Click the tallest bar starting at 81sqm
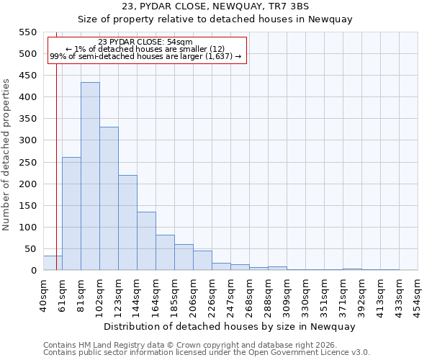90,176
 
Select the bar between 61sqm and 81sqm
71,214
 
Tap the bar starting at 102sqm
109,199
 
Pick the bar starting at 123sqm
127,222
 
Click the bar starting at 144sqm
146,241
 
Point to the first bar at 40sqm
53,264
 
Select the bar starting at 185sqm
184,257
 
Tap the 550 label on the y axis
27,32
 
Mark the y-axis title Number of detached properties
7,155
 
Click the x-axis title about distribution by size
230,326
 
